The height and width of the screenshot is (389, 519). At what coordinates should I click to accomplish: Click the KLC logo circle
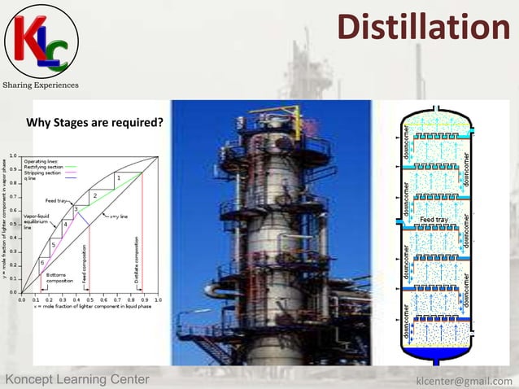(x=41, y=41)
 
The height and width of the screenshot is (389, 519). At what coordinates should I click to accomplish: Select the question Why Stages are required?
(x=95, y=124)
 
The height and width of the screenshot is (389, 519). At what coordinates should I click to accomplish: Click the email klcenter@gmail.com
(x=464, y=380)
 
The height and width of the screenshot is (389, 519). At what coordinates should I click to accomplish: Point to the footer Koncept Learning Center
(x=77, y=380)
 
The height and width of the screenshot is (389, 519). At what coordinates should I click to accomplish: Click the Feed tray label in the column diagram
(x=434, y=221)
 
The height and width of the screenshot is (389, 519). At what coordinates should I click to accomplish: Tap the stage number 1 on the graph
(x=118, y=177)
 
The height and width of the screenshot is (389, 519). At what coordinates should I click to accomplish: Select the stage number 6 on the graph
(x=42, y=263)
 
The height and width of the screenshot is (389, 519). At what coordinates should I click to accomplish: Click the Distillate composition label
(x=137, y=260)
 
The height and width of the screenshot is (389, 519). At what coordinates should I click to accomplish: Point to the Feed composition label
(x=85, y=264)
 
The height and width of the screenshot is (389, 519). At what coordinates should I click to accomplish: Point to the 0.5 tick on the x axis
(x=89, y=299)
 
